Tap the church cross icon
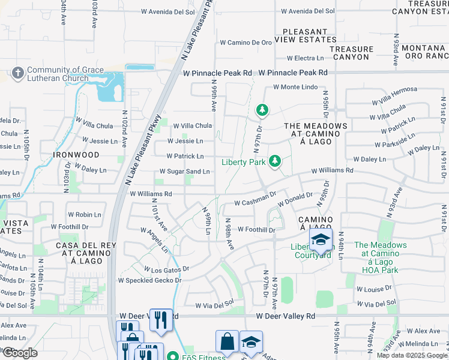(x=17, y=74)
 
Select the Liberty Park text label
(x=243, y=162)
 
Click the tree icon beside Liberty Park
(x=274, y=160)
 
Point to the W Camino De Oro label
(x=246, y=43)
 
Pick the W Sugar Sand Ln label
(x=184, y=172)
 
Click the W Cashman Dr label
(x=255, y=202)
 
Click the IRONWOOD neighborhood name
(x=76, y=155)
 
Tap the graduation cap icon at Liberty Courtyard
(x=321, y=240)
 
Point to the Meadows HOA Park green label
(x=380, y=257)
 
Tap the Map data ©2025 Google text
(x=411, y=355)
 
